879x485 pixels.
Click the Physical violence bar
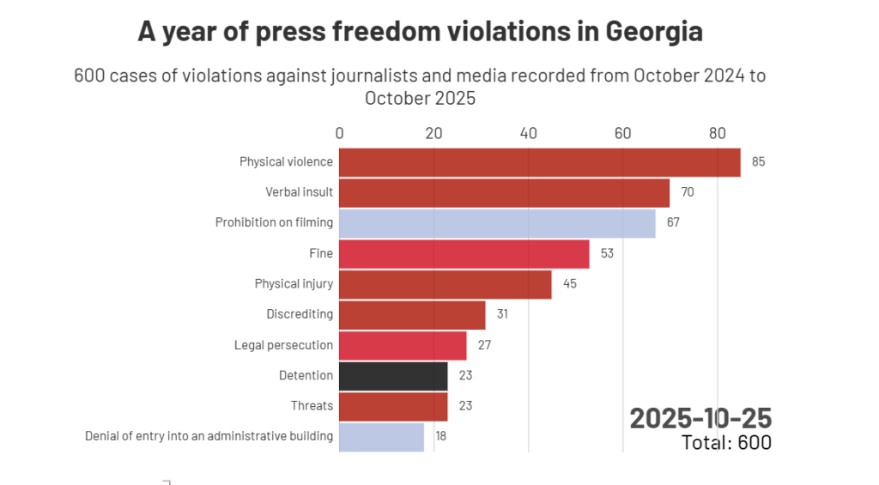(x=539, y=162)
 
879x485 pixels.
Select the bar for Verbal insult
(x=504, y=192)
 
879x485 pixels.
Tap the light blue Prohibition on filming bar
(x=497, y=223)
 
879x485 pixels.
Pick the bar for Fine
(x=464, y=254)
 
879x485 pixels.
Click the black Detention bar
(x=393, y=376)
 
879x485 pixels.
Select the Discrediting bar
(x=412, y=315)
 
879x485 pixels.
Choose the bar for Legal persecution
(x=403, y=345)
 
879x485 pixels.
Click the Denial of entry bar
(x=381, y=436)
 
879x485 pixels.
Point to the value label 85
(x=758, y=162)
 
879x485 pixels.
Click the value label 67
(x=673, y=223)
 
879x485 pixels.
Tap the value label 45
(x=569, y=284)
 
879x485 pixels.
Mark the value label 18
(x=441, y=436)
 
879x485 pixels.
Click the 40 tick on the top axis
(x=529, y=133)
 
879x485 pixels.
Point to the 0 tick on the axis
(x=340, y=133)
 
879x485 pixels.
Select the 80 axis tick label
(x=718, y=133)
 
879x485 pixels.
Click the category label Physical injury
(x=294, y=284)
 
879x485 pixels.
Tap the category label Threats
(x=312, y=406)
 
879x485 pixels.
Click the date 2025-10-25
(x=700, y=418)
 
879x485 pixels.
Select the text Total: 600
(x=726, y=442)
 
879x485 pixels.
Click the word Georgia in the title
(x=654, y=32)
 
